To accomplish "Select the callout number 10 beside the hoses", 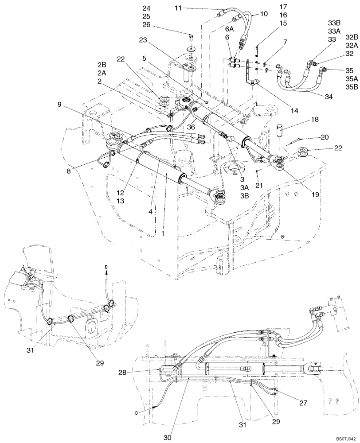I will (264, 14).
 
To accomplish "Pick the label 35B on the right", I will (351, 87).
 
